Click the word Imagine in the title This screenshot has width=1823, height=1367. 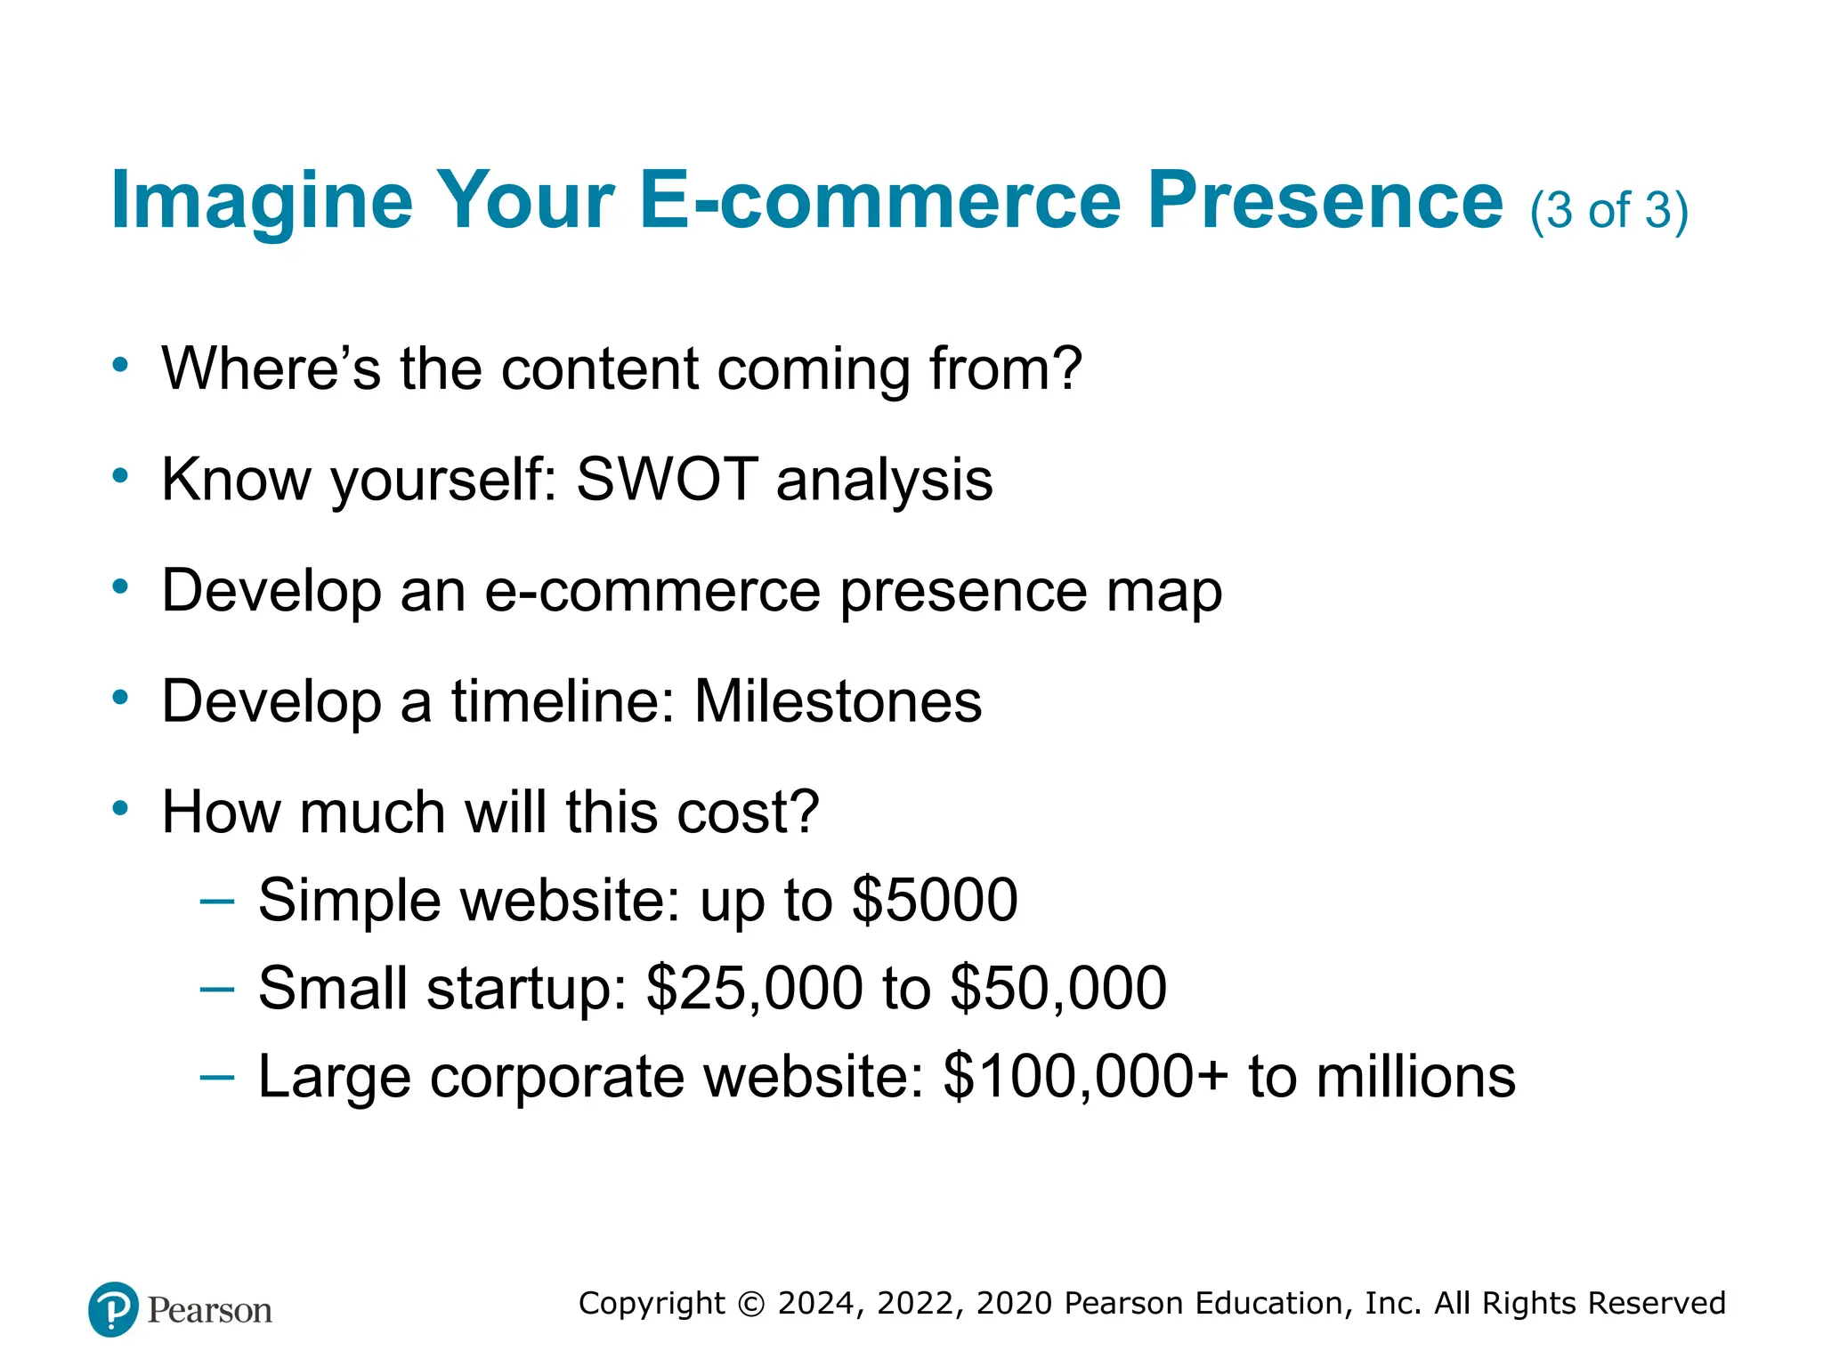click(x=262, y=201)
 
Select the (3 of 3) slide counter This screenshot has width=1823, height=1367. click(x=1608, y=211)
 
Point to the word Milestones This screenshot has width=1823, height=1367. click(x=838, y=701)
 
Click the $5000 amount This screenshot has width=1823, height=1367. click(x=935, y=900)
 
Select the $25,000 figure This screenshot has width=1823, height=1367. click(x=754, y=988)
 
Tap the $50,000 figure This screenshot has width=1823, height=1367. click(x=1058, y=988)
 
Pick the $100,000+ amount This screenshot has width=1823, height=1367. click(x=1085, y=1076)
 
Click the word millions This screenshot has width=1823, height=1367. click(x=1415, y=1076)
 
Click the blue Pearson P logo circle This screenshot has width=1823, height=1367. click(x=113, y=1309)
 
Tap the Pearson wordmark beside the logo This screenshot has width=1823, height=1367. click(x=210, y=1311)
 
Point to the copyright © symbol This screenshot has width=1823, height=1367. click(x=751, y=1304)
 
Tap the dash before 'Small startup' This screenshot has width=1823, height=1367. click(x=217, y=988)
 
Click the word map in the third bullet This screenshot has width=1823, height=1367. click(x=1163, y=591)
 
